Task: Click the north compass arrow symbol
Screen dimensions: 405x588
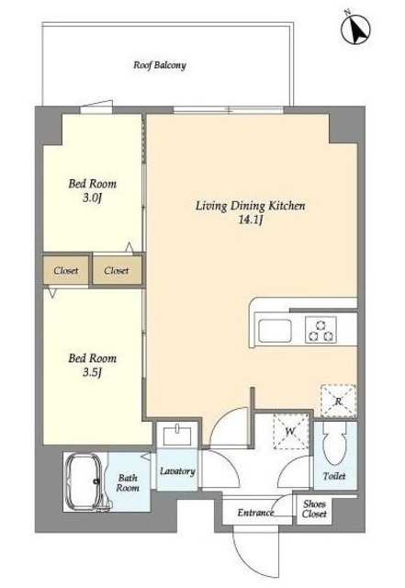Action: (355, 28)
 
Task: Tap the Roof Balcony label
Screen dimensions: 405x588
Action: (160, 65)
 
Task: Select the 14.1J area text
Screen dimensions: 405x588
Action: (250, 220)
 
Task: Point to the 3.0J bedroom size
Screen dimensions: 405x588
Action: (92, 198)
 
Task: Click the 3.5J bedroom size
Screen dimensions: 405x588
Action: (92, 372)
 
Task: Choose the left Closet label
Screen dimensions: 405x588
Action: (65, 270)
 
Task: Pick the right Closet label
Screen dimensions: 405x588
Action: (117, 270)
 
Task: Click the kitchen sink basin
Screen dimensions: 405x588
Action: (275, 331)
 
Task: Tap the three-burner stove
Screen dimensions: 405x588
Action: (321, 330)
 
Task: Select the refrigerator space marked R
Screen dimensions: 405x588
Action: (338, 401)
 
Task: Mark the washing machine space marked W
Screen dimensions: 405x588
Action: (290, 431)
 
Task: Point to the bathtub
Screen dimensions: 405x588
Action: (84, 481)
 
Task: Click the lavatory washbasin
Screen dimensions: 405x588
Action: (177, 435)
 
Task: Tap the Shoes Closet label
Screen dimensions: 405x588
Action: (314, 509)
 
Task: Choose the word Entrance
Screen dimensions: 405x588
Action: (255, 513)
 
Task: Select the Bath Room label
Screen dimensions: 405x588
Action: (128, 482)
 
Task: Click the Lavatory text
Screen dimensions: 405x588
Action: (177, 471)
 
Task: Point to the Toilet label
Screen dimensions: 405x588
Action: (334, 476)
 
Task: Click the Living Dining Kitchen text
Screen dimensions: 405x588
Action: (250, 206)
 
